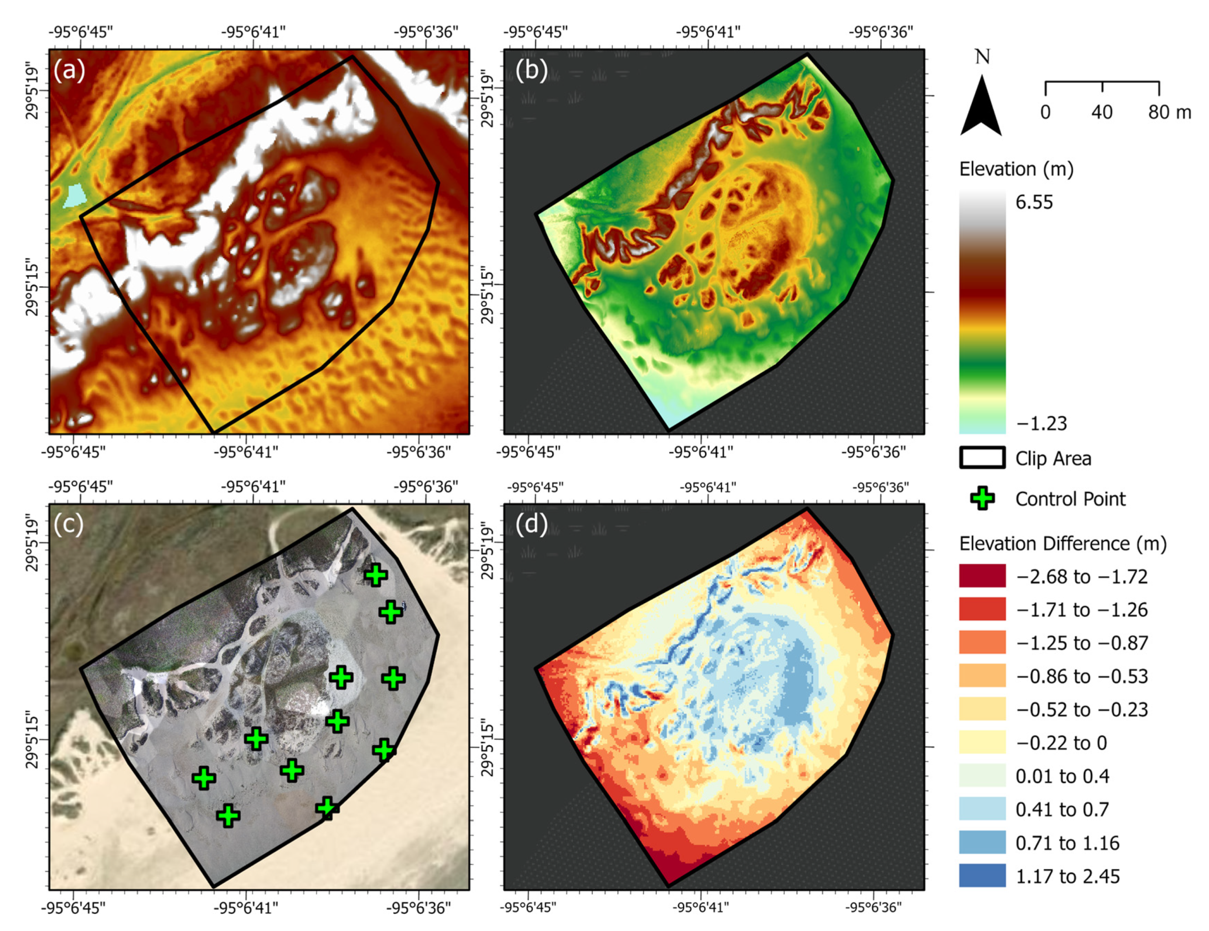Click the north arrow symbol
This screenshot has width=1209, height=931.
point(981,107)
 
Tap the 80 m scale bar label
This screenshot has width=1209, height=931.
point(1169,113)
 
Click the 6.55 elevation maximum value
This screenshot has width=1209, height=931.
point(1034,202)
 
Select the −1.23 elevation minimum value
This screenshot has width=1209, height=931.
point(1040,424)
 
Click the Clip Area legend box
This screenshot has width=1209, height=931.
point(982,458)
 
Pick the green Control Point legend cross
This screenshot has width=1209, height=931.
point(982,498)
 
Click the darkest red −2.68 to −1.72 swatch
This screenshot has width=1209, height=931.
point(982,576)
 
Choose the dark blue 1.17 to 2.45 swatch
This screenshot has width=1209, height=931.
point(982,875)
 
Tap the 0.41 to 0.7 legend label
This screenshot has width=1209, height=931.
point(1062,809)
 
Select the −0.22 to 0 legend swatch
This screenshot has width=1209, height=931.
point(982,742)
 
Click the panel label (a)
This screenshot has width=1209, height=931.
point(69,70)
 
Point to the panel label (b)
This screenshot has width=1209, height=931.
point(531,70)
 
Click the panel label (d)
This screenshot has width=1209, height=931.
point(531,524)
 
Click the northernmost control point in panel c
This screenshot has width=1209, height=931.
point(376,575)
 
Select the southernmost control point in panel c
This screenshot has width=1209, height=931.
point(228,815)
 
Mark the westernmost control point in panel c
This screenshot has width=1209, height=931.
point(204,778)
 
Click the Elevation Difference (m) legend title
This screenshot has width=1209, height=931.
point(1062,544)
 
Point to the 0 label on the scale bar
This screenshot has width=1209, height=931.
point(1044,113)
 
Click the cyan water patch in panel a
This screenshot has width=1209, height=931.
point(76,196)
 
